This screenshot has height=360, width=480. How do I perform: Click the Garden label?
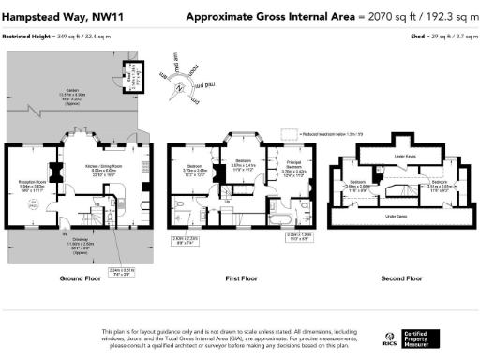[70, 93]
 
